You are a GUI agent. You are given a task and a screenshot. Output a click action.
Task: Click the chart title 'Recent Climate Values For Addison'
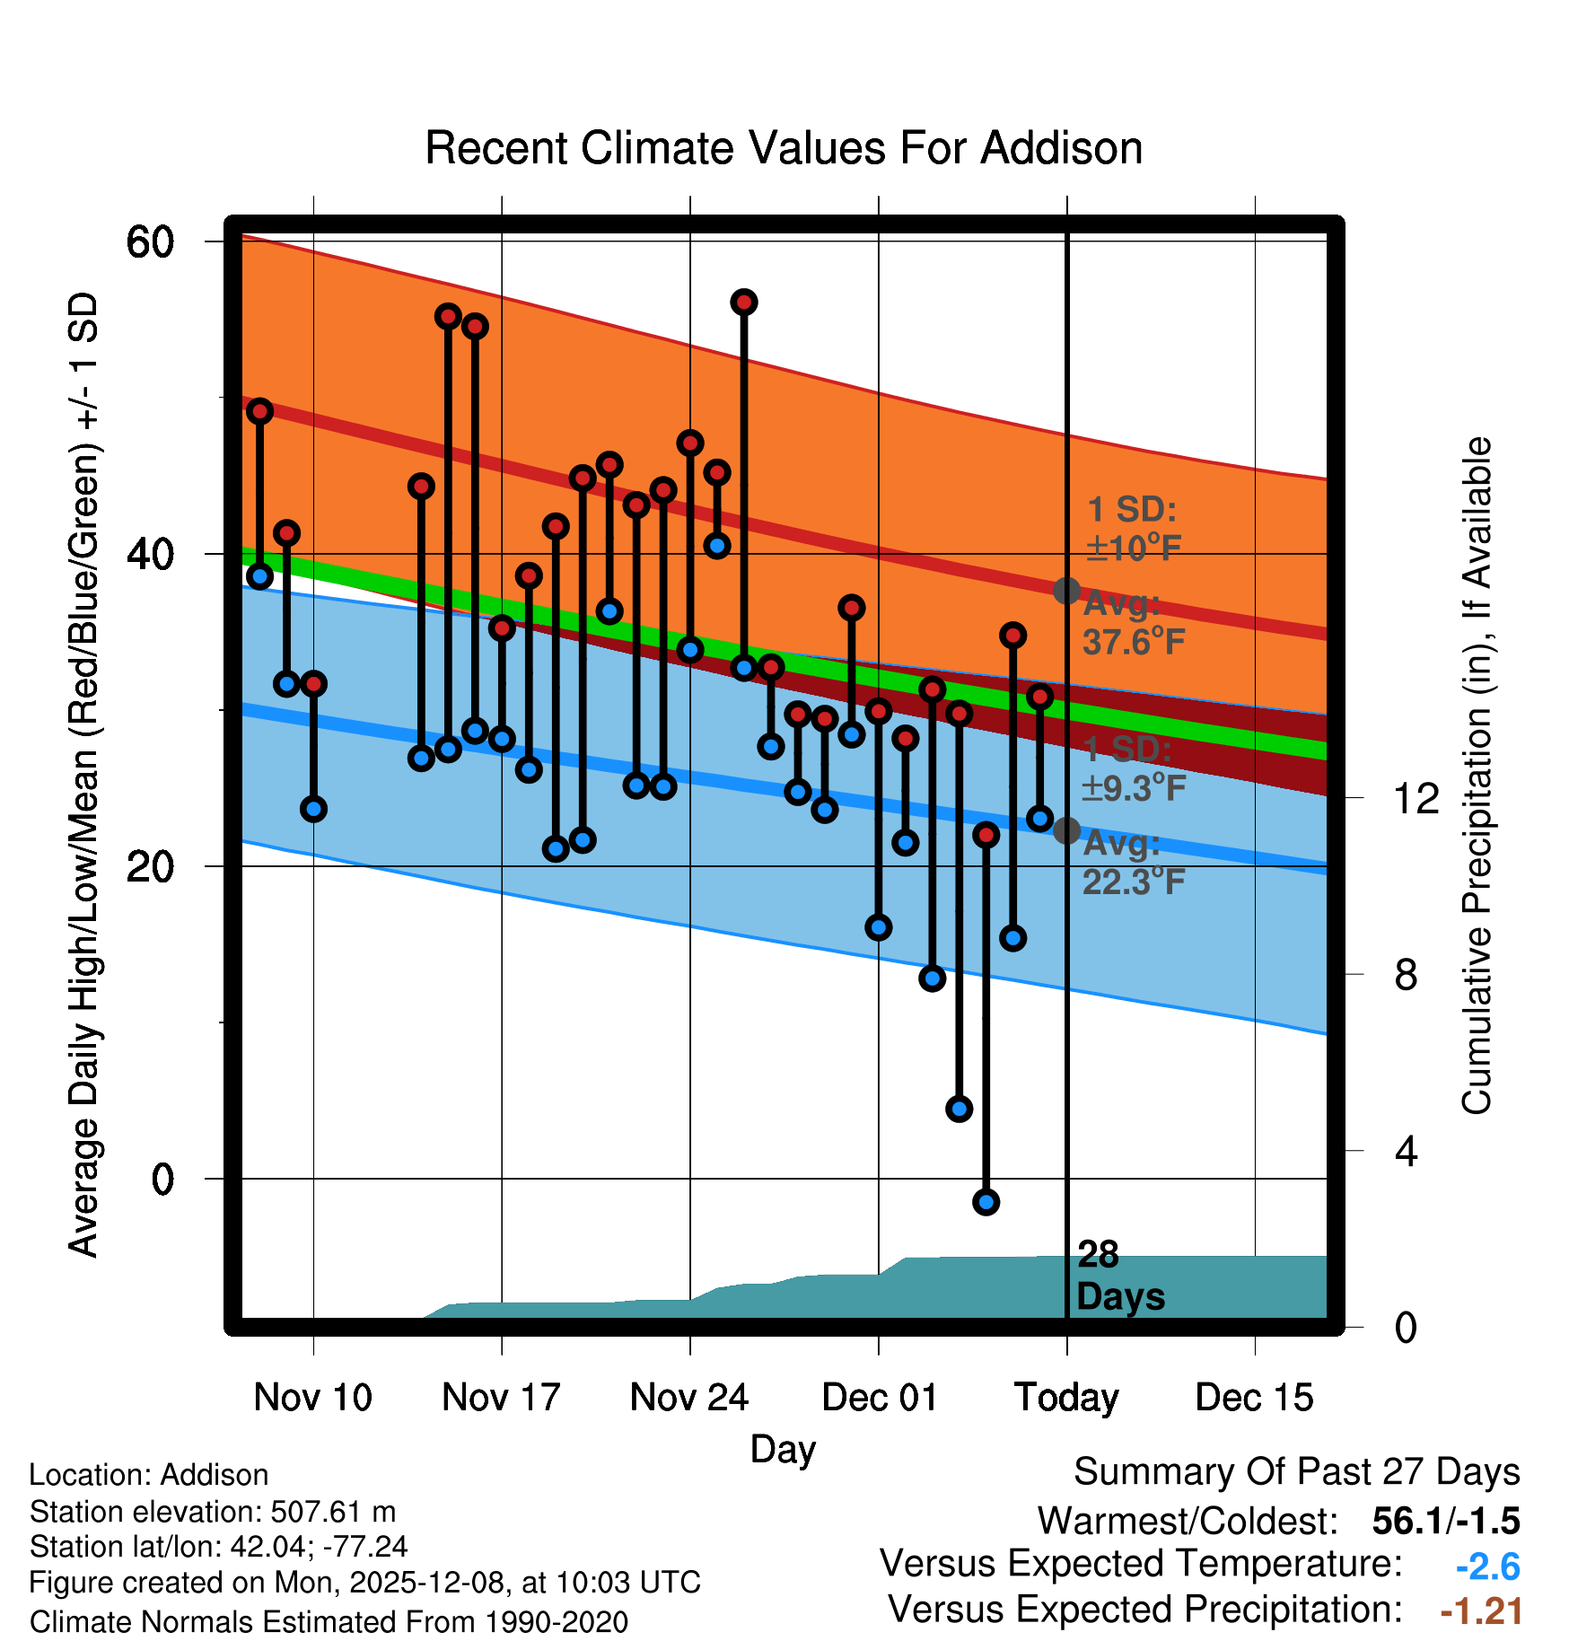click(784, 148)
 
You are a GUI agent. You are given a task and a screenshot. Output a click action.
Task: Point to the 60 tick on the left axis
click(150, 242)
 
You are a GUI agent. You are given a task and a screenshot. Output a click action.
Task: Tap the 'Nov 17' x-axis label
click(501, 1398)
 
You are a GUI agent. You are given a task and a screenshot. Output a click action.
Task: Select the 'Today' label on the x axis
click(1066, 1398)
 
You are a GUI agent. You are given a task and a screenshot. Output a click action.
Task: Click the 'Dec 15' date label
click(1254, 1398)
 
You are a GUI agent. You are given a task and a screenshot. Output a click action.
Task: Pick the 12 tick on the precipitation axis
click(1416, 798)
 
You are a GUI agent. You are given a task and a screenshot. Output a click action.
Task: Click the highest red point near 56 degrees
click(743, 303)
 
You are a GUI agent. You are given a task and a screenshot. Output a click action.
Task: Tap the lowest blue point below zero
click(986, 1202)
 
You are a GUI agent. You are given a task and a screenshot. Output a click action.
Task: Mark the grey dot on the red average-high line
click(1066, 591)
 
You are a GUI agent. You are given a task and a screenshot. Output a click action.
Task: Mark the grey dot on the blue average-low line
click(1066, 830)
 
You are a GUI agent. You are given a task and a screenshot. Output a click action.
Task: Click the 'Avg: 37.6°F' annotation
click(1133, 623)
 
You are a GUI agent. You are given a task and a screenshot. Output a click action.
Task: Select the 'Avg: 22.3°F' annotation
click(1133, 864)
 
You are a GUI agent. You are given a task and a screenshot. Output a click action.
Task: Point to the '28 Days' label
click(1119, 1276)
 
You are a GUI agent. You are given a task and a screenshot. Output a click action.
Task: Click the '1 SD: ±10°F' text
click(1133, 529)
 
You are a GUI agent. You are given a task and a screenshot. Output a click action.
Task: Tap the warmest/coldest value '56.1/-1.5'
click(1445, 1521)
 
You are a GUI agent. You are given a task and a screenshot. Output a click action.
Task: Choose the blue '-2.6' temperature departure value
click(1487, 1566)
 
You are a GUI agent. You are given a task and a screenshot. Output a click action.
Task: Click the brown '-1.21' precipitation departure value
click(1481, 1611)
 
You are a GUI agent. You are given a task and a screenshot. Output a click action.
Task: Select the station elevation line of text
click(213, 1512)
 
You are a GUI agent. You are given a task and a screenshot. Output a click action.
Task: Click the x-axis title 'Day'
click(783, 1449)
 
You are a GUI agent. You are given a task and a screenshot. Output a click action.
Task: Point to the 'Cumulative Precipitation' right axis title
click(1476, 776)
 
